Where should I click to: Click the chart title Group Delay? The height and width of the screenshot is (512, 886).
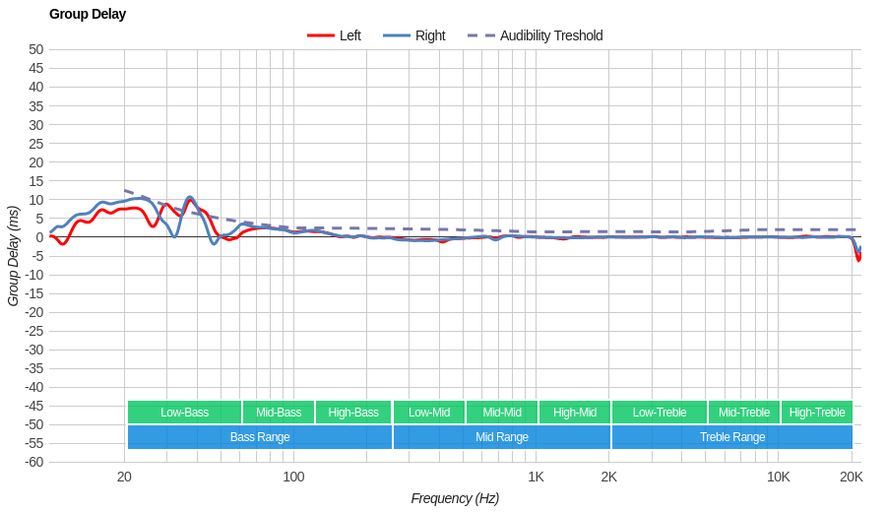[x=88, y=14]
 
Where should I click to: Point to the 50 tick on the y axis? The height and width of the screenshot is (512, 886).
[x=36, y=49]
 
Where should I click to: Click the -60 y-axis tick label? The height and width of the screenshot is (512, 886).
[x=33, y=462]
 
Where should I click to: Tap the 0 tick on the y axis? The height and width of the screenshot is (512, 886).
[x=39, y=236]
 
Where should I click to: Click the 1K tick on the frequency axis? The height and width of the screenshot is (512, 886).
[x=536, y=477]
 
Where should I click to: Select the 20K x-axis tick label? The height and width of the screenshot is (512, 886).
[x=852, y=477]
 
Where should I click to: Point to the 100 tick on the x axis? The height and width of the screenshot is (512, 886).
[x=293, y=477]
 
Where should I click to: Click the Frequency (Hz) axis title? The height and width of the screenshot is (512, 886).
[x=455, y=498]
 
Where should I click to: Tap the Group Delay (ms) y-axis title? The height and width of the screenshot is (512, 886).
[x=13, y=256]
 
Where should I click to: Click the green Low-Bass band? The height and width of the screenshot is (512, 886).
[x=184, y=412]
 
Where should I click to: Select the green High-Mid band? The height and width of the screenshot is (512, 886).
[x=574, y=412]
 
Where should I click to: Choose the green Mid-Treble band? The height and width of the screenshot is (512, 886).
[x=744, y=412]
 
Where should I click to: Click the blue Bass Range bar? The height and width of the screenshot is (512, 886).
[x=260, y=437]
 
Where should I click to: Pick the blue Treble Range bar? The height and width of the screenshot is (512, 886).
[x=731, y=437]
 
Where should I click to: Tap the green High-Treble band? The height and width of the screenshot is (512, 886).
[x=817, y=412]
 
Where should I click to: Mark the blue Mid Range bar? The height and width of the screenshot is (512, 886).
[x=501, y=437]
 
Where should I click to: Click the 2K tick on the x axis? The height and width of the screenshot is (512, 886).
[x=609, y=477]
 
